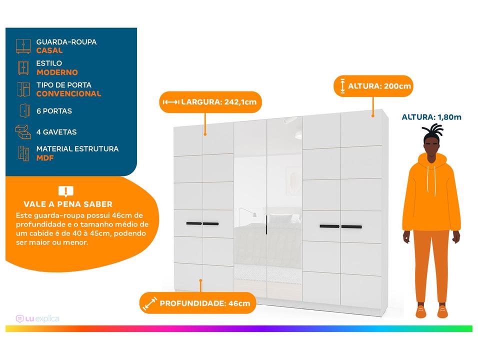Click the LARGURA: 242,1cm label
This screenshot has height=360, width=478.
click(219, 102)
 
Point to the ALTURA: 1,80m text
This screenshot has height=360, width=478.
click(431, 117)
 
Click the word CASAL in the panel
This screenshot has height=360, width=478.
click(49, 50)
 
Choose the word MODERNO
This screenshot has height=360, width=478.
click(57, 72)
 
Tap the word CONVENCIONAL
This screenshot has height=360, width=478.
click(68, 93)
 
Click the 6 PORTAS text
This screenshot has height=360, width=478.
click(54, 111)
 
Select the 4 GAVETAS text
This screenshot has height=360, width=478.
click(56, 132)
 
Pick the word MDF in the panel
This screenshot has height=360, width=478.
click(44, 158)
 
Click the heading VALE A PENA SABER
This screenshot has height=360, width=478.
click(68, 204)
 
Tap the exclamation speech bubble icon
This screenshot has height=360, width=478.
click(65, 191)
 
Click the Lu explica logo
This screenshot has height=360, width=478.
click(37, 319)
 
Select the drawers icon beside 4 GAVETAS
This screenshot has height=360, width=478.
click(23, 132)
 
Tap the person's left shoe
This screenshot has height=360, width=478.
click(442, 312)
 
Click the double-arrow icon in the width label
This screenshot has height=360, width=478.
click(171, 102)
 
